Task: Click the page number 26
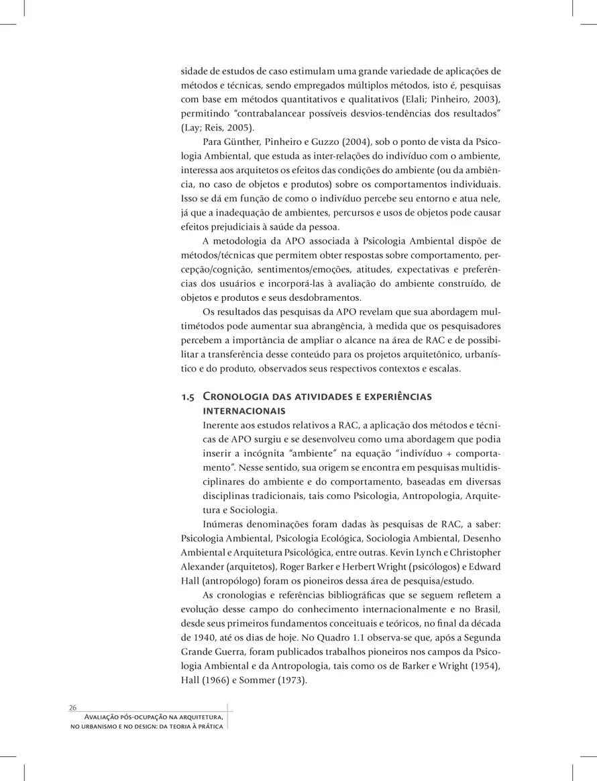coord(73,708)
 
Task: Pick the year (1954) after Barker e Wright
coord(481,665)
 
